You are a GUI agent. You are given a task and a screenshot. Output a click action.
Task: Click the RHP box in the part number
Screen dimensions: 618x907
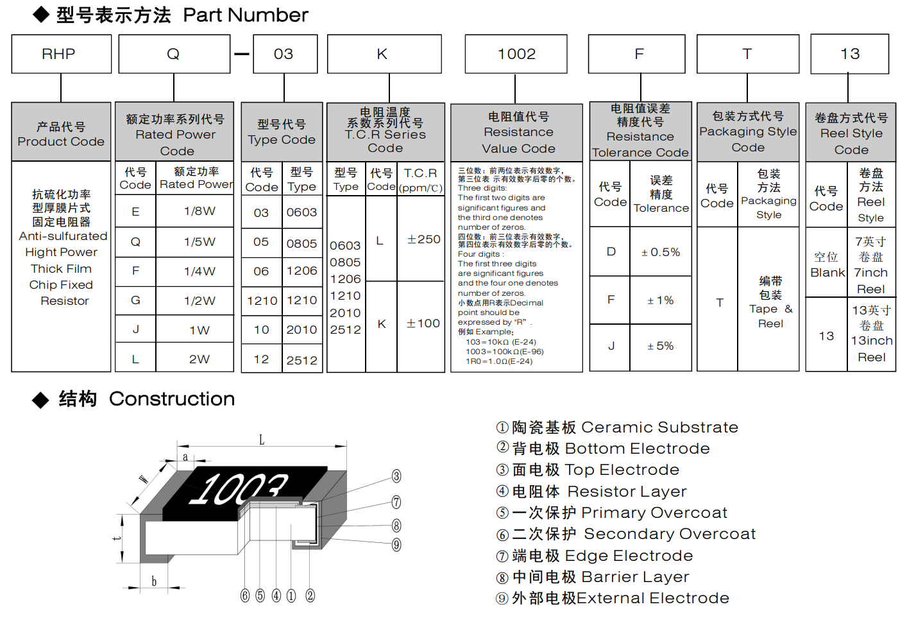click(x=61, y=54)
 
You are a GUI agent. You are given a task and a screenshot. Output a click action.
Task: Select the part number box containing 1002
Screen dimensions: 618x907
click(x=516, y=54)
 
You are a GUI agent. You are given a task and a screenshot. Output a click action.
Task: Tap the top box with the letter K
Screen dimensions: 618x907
click(x=384, y=54)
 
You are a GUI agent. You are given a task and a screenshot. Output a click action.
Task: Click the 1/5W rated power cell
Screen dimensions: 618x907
click(x=199, y=242)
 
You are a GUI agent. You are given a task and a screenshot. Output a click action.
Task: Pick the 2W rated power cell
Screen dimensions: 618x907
click(x=199, y=359)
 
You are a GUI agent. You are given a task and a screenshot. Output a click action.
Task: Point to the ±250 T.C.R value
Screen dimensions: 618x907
click(x=423, y=239)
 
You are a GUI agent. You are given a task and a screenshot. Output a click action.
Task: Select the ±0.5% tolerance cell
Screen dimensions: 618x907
click(x=660, y=252)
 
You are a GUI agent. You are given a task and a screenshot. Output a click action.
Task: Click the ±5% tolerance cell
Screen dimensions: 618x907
click(x=660, y=347)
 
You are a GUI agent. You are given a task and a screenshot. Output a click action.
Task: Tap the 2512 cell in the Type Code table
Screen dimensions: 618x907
click(x=301, y=360)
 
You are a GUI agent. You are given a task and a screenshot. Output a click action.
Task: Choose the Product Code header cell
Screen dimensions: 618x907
click(x=61, y=133)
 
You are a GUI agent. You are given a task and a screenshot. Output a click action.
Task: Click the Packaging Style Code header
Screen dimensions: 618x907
click(x=748, y=132)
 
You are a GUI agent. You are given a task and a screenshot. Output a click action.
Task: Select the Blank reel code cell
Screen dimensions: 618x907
click(x=827, y=264)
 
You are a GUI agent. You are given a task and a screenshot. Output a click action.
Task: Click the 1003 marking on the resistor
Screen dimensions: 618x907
click(x=237, y=489)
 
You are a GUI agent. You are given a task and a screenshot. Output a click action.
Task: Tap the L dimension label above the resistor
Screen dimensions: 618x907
click(x=261, y=440)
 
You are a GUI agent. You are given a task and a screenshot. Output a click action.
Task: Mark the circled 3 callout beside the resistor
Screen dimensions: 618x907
click(x=396, y=476)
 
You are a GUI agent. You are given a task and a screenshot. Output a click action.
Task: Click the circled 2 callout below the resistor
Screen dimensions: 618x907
click(x=310, y=596)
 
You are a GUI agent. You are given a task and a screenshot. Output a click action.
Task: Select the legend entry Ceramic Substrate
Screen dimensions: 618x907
click(x=617, y=427)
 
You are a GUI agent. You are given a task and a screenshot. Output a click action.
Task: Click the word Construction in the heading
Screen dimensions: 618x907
click(x=171, y=399)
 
